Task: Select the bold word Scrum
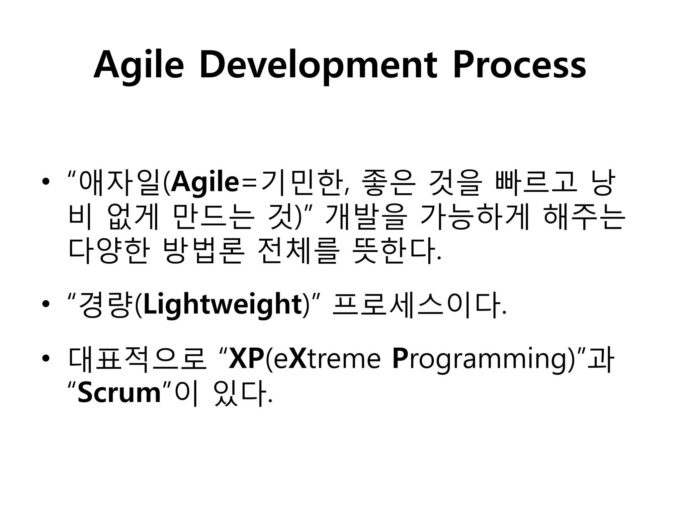point(119,393)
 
